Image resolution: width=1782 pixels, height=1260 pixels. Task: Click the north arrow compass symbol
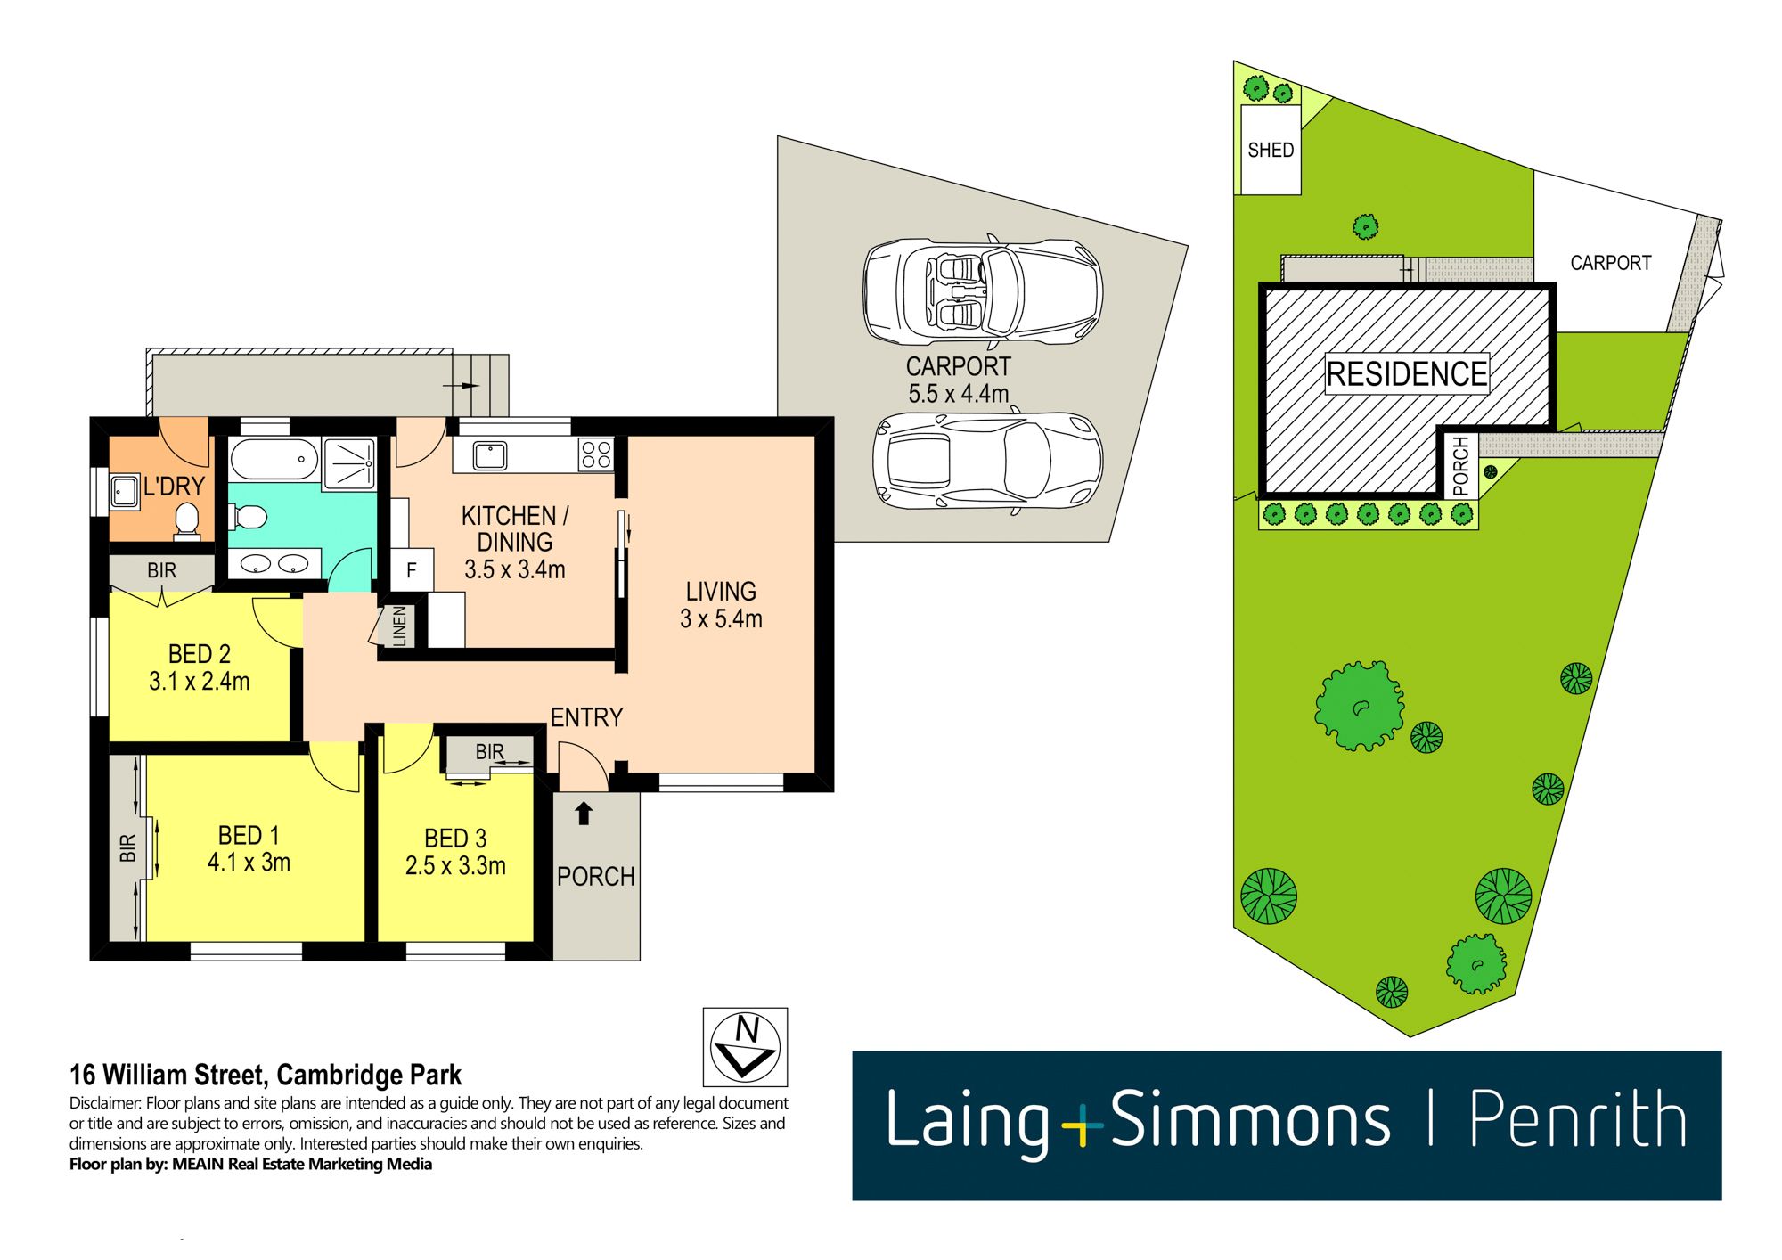745,1046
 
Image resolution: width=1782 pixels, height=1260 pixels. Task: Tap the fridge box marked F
412,570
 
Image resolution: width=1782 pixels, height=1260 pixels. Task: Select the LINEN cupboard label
399,626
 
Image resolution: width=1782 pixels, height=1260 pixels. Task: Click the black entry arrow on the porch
584,813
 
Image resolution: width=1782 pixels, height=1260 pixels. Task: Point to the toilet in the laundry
187,521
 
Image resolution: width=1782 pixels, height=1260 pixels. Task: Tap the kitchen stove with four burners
596,454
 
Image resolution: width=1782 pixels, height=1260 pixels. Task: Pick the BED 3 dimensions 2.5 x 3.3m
455,865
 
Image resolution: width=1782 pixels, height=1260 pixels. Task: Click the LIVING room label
721,592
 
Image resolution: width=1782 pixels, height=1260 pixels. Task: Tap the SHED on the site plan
1271,150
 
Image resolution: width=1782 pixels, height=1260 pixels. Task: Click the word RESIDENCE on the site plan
1406,373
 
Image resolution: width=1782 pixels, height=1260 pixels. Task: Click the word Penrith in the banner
1576,1119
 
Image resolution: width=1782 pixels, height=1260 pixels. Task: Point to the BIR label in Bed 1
127,847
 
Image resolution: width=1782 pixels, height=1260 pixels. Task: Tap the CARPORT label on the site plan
1610,263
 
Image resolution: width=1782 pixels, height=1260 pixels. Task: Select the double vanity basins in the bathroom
274,563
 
